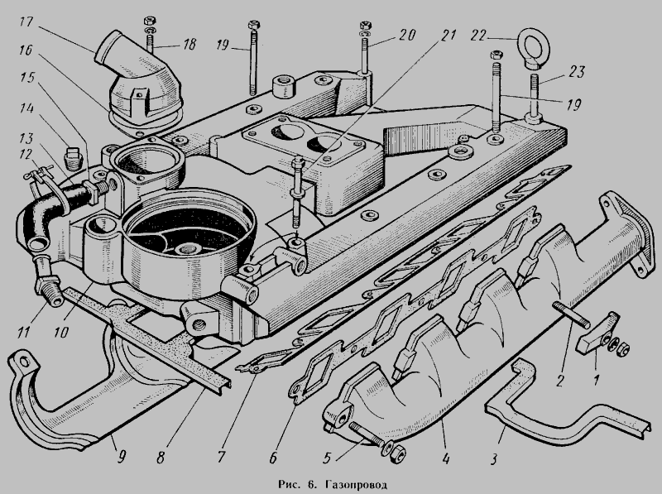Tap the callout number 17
click(26, 22)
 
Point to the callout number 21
click(448, 35)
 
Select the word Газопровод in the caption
click(357, 484)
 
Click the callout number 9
click(121, 457)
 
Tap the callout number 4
click(446, 458)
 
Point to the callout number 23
click(576, 72)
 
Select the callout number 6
click(273, 458)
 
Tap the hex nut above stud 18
click(150, 20)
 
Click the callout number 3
click(494, 459)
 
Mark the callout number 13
click(26, 138)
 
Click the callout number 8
click(161, 458)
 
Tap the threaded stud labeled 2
click(570, 314)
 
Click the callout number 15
click(27, 79)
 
